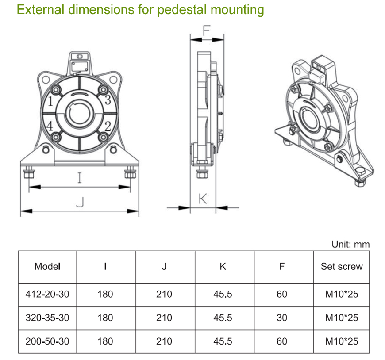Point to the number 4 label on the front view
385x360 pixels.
point(50,126)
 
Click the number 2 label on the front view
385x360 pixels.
point(107,126)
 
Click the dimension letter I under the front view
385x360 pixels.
point(80,178)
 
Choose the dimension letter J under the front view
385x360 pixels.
point(80,202)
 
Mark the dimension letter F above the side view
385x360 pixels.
point(206,30)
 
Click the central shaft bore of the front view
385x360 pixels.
point(80,113)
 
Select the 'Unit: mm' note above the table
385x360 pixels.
point(350,244)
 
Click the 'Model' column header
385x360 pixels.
point(47,267)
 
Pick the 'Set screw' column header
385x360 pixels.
point(341,267)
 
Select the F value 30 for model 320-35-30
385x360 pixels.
point(282,318)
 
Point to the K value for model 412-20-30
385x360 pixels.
point(223,294)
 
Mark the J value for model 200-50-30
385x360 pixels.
point(164,341)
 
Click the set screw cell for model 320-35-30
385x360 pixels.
point(341,318)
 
